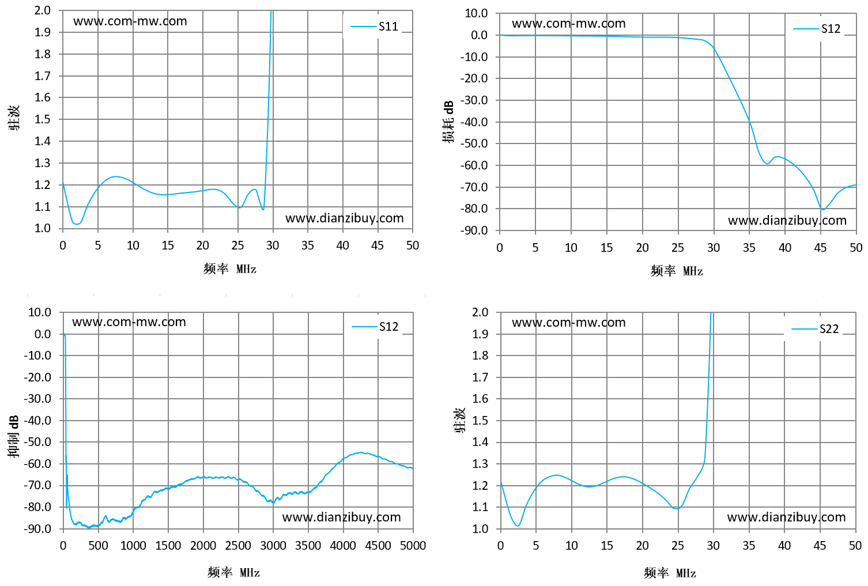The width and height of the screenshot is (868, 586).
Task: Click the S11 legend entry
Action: click(x=374, y=27)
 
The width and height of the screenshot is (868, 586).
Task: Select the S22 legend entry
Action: click(x=815, y=329)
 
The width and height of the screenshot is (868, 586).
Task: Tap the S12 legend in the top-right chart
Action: click(x=817, y=29)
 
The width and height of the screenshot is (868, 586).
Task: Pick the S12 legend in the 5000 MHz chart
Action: click(x=375, y=327)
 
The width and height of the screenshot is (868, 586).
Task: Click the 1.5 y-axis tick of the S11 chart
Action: click(x=43, y=119)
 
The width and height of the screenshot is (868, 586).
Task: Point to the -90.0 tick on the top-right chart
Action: click(x=474, y=230)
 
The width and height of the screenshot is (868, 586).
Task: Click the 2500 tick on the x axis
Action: click(x=238, y=546)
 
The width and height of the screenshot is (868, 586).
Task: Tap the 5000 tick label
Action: click(x=413, y=546)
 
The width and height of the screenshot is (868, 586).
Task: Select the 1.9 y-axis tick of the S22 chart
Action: click(x=480, y=334)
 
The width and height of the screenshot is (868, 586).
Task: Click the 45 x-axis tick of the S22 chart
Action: click(x=820, y=546)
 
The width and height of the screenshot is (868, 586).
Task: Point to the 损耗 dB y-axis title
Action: click(x=448, y=122)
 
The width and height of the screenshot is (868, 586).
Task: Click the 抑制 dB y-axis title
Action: click(x=13, y=437)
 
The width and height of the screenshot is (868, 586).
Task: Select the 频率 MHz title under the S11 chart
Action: click(x=230, y=269)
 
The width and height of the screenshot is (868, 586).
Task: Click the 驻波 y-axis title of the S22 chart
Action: click(x=460, y=420)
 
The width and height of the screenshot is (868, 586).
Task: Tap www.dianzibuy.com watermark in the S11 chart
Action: click(x=345, y=218)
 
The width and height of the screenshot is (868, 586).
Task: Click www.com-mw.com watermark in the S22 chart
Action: click(x=568, y=322)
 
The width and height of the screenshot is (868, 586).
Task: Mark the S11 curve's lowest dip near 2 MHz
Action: click(x=77, y=224)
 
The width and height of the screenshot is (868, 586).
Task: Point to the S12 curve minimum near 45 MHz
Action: click(x=822, y=209)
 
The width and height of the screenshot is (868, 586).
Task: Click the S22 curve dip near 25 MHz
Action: click(x=677, y=508)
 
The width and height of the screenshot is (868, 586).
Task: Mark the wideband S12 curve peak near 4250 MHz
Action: click(x=361, y=452)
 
